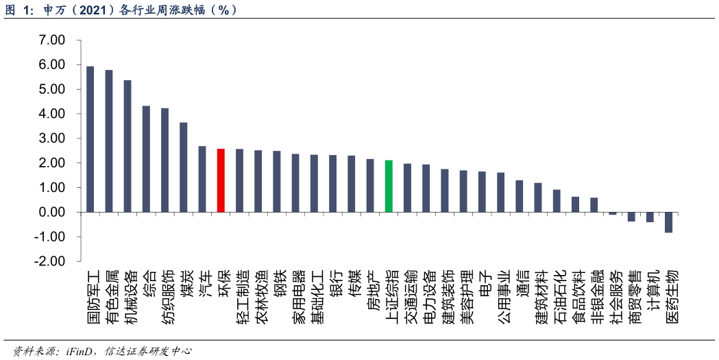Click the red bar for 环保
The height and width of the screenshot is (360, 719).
coord(221,180)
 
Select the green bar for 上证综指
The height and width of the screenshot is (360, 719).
coord(389,186)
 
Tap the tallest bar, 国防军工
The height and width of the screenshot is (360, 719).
coord(90,139)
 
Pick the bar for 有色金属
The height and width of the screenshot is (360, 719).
coord(109,141)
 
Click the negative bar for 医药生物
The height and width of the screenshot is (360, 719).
coord(668,222)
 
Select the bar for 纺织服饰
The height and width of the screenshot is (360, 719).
coord(164,160)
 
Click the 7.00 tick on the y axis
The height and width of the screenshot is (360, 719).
coord(52,40)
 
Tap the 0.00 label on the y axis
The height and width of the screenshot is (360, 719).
coord(52,213)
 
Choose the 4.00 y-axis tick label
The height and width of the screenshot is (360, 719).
coord(52,114)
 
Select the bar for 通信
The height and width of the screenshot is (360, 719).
coord(519,196)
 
